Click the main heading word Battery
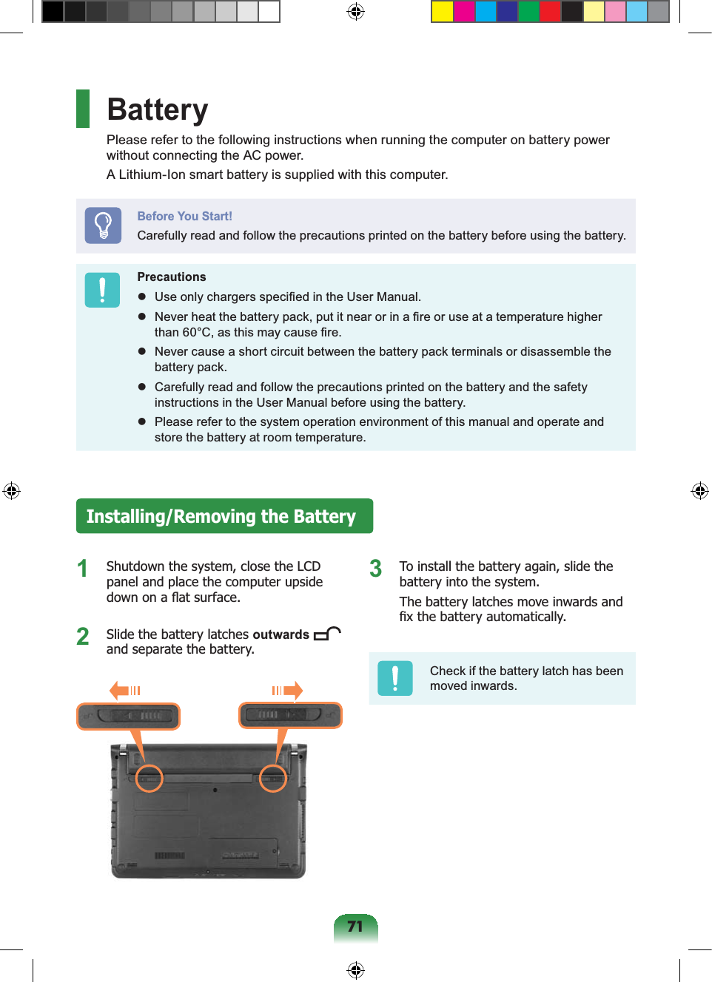158,109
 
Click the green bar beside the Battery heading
83,109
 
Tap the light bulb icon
103,226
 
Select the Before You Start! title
184,216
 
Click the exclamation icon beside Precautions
102,290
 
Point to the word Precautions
172,277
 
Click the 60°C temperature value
197,332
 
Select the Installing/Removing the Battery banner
224,516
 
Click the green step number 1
83,569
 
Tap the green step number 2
83,636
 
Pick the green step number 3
376,569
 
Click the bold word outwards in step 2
281,634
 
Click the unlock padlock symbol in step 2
326,633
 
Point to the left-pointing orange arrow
119,691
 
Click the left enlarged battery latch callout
129,716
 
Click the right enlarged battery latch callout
290,715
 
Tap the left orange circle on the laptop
150,778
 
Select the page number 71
355,927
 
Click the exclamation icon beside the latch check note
395,678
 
